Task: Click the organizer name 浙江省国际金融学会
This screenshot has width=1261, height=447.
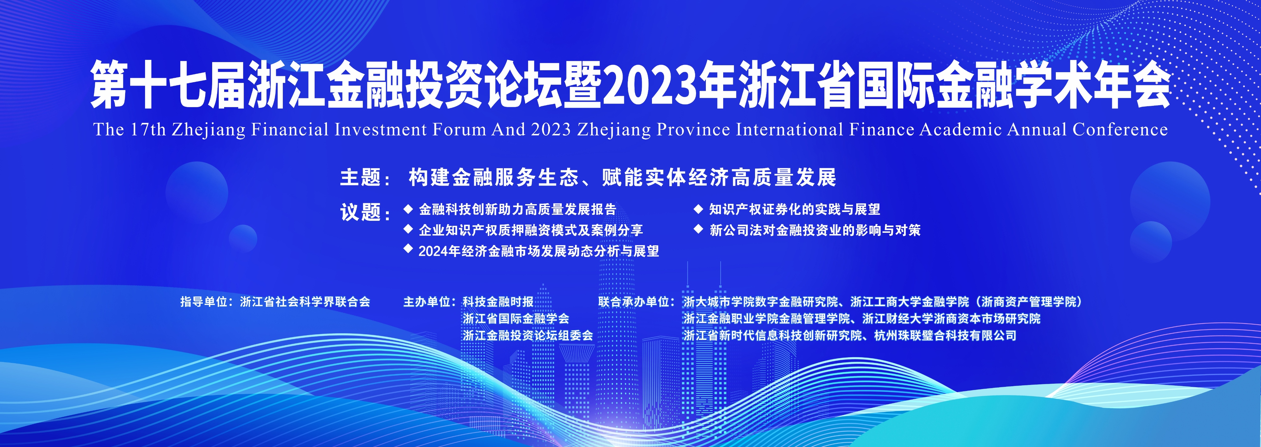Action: click(x=516, y=319)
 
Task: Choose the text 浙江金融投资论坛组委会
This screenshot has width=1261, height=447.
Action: click(x=528, y=335)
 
